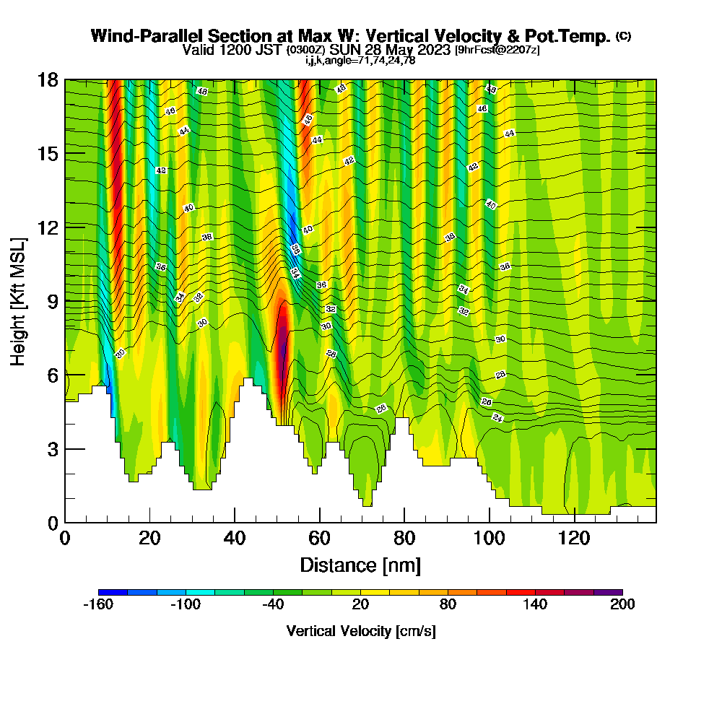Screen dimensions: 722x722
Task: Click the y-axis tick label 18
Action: [48, 80]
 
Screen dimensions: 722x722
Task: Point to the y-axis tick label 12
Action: [48, 227]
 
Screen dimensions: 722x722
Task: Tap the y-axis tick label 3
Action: [52, 449]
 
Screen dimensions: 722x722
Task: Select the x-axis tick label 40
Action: [235, 539]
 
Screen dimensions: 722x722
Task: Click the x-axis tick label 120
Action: [575, 539]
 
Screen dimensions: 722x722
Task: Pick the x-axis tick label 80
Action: [404, 539]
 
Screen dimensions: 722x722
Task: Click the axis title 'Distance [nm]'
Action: [360, 565]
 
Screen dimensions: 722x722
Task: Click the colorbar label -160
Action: [98, 605]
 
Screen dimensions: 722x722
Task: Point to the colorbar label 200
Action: [622, 605]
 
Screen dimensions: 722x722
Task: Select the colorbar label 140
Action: [535, 605]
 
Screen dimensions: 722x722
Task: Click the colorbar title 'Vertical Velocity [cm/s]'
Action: [360, 631]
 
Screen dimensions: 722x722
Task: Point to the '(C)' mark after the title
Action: [624, 36]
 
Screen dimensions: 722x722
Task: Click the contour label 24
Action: [497, 418]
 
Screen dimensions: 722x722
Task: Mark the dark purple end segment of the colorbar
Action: [608, 592]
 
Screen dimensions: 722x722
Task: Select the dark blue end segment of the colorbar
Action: [113, 592]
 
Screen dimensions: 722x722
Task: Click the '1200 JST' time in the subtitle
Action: [255, 51]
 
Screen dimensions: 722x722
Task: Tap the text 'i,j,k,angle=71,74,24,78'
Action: [360, 61]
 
